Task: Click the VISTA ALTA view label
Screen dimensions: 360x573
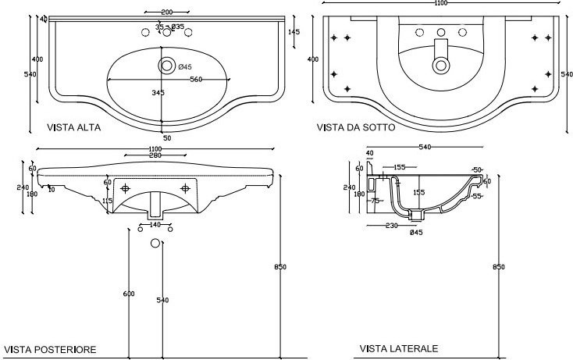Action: click(x=73, y=127)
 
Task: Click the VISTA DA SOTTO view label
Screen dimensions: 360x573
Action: click(x=355, y=127)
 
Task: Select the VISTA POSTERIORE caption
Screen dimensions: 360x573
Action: click(x=50, y=350)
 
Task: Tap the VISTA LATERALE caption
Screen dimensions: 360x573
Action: click(x=399, y=348)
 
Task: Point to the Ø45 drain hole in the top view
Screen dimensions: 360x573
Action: click(x=166, y=66)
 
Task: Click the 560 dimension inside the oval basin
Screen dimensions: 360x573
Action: click(x=195, y=79)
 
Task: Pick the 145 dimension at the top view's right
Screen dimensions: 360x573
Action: click(x=294, y=32)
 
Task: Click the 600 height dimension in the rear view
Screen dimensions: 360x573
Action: click(x=129, y=294)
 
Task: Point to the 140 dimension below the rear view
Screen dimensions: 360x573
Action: click(x=155, y=225)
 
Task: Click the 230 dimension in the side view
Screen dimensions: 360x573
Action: click(x=391, y=226)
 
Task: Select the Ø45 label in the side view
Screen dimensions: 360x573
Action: click(x=415, y=233)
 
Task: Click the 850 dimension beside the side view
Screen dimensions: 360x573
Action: click(x=499, y=267)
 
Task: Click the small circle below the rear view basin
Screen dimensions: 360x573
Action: click(x=155, y=243)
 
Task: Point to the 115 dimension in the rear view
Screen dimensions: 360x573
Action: click(x=108, y=201)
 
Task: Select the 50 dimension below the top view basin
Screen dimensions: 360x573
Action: click(x=167, y=138)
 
